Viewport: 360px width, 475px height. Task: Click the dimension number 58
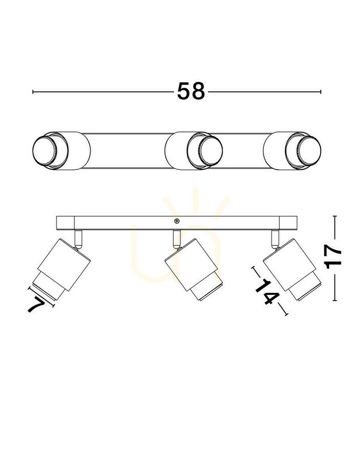tap(191, 91)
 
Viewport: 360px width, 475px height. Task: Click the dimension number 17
tap(333, 257)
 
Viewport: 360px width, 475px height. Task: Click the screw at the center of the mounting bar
tap(177, 221)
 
